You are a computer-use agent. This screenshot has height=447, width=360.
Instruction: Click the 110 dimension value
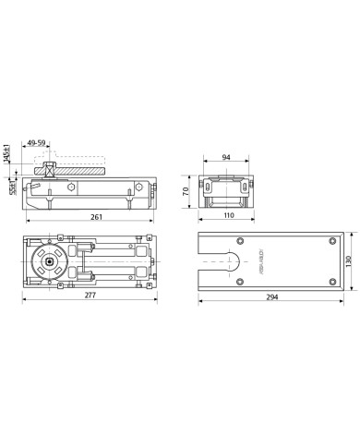point(226,216)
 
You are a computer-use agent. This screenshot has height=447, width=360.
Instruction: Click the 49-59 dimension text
point(40,143)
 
